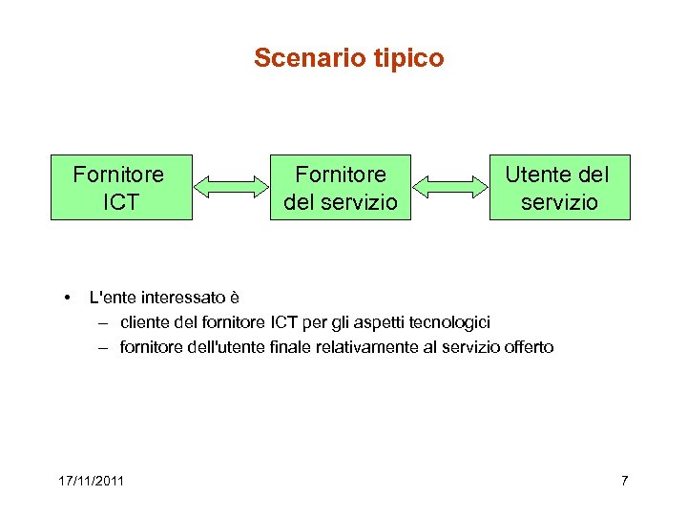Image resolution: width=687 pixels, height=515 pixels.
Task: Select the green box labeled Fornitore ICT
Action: (121, 188)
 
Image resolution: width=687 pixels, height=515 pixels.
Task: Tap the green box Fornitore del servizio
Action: (341, 188)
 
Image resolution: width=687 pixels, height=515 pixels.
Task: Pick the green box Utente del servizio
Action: (560, 188)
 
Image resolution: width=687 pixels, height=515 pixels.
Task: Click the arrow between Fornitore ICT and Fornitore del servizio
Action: (231, 187)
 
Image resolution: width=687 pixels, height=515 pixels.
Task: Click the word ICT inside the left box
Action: (119, 202)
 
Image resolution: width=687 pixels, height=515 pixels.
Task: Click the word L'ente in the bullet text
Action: (110, 298)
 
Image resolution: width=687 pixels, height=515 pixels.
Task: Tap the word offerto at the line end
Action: (529, 347)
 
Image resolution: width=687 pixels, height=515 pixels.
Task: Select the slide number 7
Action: (624, 480)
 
